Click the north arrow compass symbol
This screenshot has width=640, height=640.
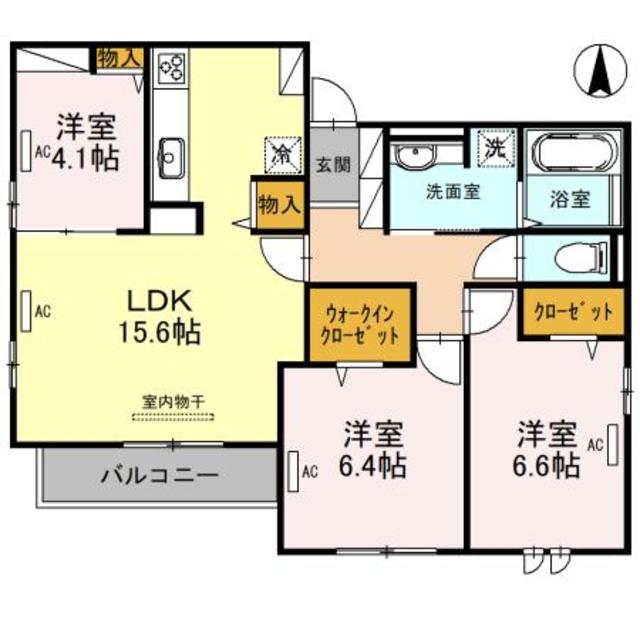(x=602, y=69)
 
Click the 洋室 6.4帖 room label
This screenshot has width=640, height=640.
(x=374, y=450)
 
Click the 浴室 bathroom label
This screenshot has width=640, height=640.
(x=569, y=198)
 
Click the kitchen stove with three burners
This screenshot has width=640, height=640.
(x=171, y=67)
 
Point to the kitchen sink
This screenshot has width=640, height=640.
(x=171, y=155)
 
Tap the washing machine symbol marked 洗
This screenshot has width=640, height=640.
(x=495, y=147)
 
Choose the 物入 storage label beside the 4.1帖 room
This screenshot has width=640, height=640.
(x=119, y=58)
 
